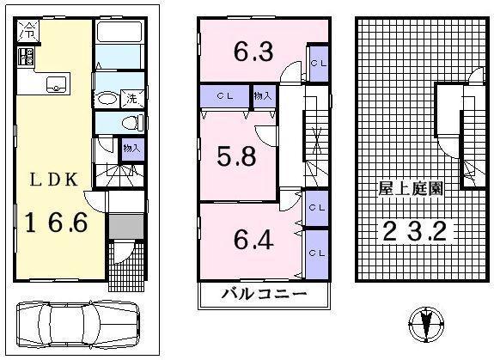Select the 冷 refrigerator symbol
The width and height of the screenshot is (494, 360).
click(27, 34)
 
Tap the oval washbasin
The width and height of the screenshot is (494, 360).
click(107, 97)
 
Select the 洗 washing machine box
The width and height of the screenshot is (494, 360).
click(133, 98)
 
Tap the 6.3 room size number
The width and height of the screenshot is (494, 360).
click(253, 53)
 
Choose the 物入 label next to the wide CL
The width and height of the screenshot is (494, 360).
click(262, 95)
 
